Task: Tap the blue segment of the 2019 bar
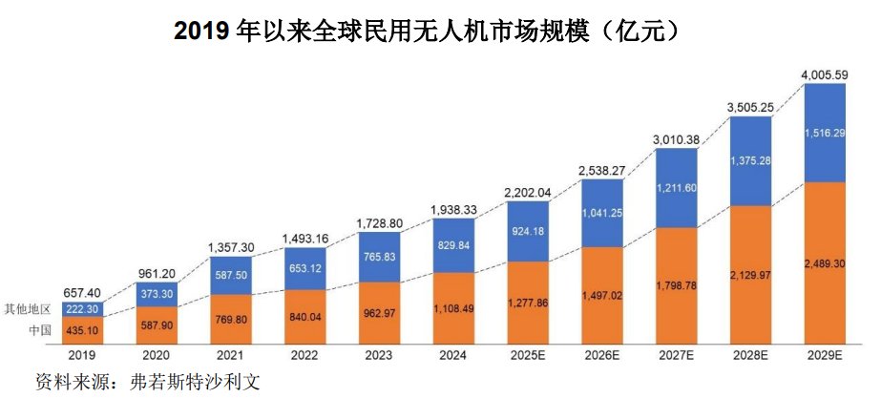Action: (81, 310)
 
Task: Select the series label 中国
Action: (41, 330)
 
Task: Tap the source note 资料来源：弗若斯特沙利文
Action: (148, 381)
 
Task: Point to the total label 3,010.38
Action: (677, 141)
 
